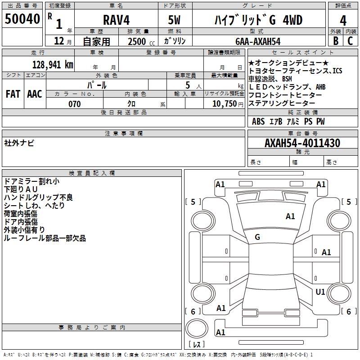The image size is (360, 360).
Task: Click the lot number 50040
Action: pos(22,19)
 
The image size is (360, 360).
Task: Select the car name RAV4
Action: pos(116,20)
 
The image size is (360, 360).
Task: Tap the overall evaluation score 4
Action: pos(343,20)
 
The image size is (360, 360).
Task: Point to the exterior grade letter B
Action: pos(335,41)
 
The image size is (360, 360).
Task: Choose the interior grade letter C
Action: pos(350,41)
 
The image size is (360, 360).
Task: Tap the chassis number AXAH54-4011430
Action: pos(302,143)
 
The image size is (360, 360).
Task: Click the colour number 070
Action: pos(74,104)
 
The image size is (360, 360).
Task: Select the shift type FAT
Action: pos(13,94)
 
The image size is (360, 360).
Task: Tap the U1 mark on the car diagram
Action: pos(320,292)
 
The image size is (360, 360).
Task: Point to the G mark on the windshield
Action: pos(257,237)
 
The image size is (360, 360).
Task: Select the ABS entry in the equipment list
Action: pos(258,121)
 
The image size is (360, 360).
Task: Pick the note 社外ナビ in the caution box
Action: pos(19,143)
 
